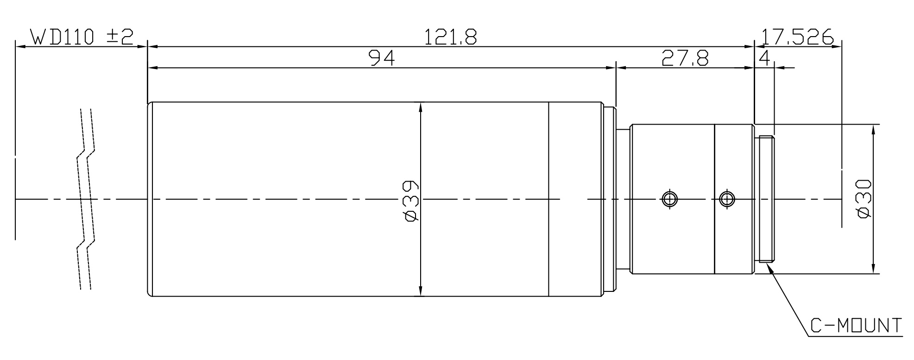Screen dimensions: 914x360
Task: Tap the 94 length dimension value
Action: pyautogui.click(x=382, y=58)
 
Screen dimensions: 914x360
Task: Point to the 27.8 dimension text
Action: pyautogui.click(x=685, y=58)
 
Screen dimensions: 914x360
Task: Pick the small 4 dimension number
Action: pyautogui.click(x=765, y=58)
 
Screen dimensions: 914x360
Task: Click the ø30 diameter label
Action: pyautogui.click(x=864, y=199)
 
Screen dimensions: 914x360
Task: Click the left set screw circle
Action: pyautogui.click(x=669, y=199)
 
